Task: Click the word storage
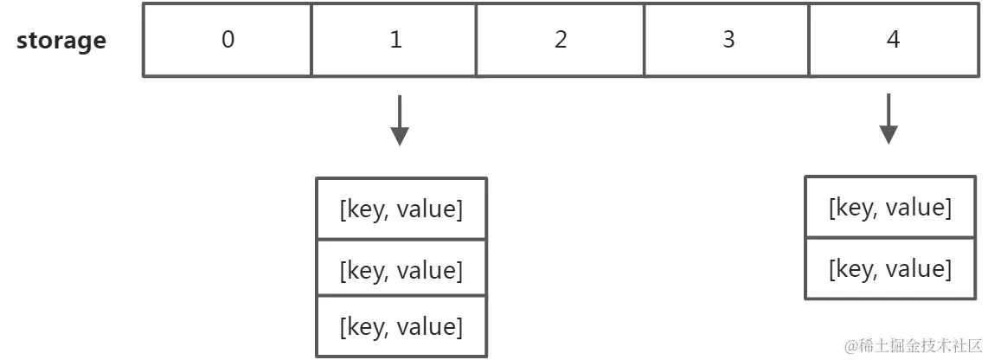tap(61, 41)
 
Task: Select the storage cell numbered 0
tap(228, 41)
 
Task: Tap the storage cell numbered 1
tap(395, 41)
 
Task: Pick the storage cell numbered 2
tap(561, 41)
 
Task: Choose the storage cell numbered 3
tap(728, 41)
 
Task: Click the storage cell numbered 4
tap(894, 41)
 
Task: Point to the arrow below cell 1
tap(399, 120)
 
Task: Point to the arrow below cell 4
tap(889, 120)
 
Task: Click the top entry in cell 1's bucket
tap(401, 209)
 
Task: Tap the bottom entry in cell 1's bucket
tap(401, 326)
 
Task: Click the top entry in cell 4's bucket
tap(890, 207)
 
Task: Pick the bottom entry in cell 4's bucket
tap(890, 268)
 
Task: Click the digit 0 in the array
tap(228, 41)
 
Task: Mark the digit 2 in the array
tap(561, 41)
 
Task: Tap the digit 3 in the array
tap(728, 41)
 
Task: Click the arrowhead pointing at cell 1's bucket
tap(399, 137)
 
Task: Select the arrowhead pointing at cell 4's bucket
tap(889, 136)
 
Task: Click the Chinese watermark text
tap(913, 344)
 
